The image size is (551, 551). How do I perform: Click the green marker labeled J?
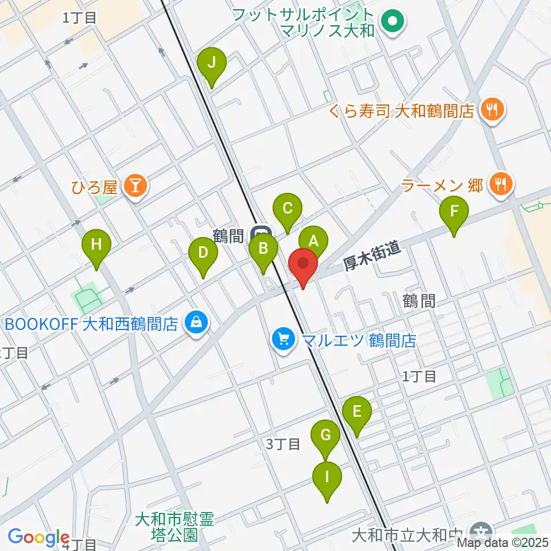[x=211, y=63]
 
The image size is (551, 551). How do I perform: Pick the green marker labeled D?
[x=203, y=253]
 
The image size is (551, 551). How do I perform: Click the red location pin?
[x=303, y=265]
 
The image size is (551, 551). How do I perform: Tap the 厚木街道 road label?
[x=370, y=257]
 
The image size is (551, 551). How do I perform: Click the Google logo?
[x=38, y=537]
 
